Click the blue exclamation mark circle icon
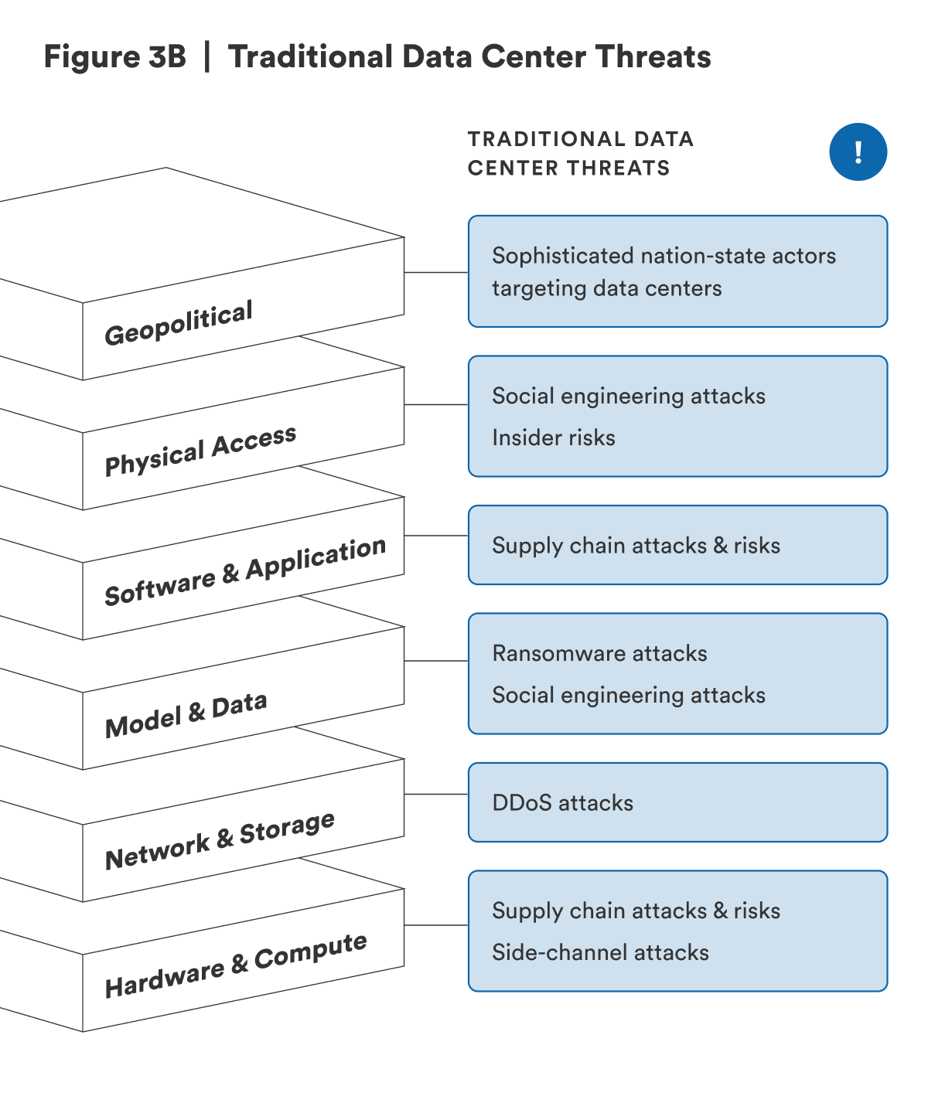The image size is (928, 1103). tap(858, 152)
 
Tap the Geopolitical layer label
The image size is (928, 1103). tap(179, 323)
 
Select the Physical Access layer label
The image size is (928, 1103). tap(200, 451)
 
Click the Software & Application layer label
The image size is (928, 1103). tap(245, 571)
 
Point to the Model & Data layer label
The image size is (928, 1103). tap(186, 715)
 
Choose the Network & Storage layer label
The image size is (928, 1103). tap(220, 841)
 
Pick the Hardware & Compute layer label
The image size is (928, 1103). tap(236, 965)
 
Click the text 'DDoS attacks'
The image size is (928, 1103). tap(562, 803)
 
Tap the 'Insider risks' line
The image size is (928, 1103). tap(554, 437)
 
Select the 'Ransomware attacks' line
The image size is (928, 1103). tap(599, 654)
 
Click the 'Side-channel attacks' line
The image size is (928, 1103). tap(600, 952)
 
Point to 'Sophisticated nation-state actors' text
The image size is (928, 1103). tap(664, 256)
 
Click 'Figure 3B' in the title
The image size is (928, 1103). tap(114, 57)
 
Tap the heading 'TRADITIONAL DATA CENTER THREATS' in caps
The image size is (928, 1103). tap(580, 153)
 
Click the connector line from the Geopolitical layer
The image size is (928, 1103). tap(436, 272)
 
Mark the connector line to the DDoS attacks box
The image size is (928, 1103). tap(436, 794)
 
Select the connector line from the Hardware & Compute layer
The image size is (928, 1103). tap(436, 925)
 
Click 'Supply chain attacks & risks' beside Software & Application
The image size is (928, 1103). tap(636, 546)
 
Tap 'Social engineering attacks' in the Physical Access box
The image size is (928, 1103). tap(628, 396)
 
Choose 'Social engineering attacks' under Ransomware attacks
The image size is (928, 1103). tap(628, 695)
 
